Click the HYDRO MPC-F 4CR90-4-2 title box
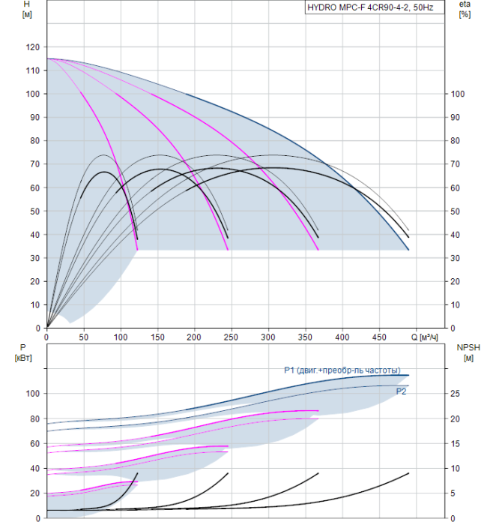click(375, 7)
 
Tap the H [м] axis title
click(27, 9)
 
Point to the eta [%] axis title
click(465, 9)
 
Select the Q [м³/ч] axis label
click(424, 337)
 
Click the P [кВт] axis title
click(23, 352)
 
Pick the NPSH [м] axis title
click(468, 352)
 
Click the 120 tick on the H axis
click(33, 47)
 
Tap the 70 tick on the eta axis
click(455, 164)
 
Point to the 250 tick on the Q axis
click(231, 337)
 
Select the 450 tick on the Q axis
click(379, 337)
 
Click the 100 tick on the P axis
click(33, 394)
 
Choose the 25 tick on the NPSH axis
click(455, 394)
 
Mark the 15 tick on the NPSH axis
click(455, 444)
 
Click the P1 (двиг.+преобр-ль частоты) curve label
click(342, 370)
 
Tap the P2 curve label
click(401, 391)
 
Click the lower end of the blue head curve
click(408, 250)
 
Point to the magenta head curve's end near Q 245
click(228, 250)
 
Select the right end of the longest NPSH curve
click(408, 473)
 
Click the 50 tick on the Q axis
click(84, 337)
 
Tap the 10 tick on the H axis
click(35, 305)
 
